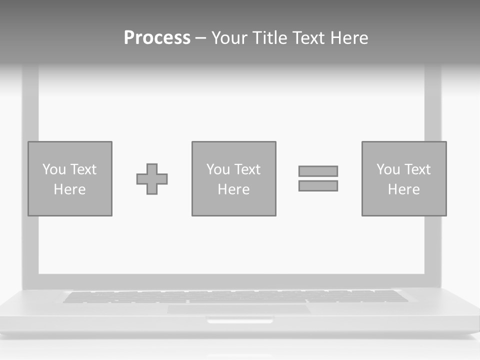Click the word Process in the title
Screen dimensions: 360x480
pos(157,38)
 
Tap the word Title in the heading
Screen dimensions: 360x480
pos(269,38)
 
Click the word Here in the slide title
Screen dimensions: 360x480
pos(350,38)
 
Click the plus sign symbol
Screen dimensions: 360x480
pos(152,179)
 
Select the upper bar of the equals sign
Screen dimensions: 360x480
pos(318,171)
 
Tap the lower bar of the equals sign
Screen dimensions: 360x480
pos(318,185)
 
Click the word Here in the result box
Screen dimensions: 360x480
pos(404,189)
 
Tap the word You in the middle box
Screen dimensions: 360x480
pos(218,169)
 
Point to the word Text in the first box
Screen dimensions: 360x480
pos(83,169)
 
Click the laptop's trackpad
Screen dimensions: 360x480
pos(238,309)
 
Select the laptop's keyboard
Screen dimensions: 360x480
pos(235,296)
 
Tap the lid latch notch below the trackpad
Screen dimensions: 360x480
pos(240,320)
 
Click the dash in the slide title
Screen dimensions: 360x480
pos(200,38)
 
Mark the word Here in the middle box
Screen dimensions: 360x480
pos(234,189)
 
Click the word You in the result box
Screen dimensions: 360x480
pos(388,169)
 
